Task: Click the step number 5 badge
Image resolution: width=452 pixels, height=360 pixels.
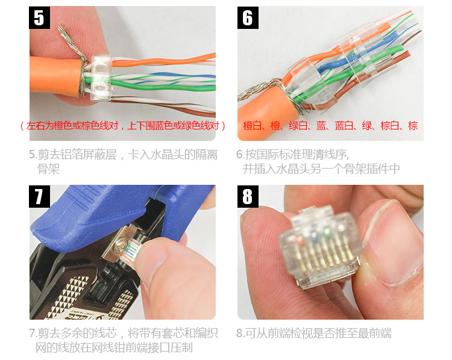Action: pos(40,18)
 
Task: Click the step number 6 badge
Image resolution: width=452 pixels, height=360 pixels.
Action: pos(248,18)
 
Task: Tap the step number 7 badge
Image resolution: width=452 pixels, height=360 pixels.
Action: pos(40,197)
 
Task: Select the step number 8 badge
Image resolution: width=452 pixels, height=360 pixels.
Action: pos(248,197)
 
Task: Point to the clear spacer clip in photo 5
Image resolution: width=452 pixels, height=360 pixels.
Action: pos(101,78)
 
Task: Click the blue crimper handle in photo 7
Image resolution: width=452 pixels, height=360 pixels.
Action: pos(115,213)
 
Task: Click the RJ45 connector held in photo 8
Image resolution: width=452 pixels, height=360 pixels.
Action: pos(320,247)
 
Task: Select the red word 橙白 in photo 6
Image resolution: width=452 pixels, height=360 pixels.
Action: pos(253,126)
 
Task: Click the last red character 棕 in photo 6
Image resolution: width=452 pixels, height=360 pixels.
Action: pos(413,126)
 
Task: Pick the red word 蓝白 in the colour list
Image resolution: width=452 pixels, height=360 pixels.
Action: pos(344,126)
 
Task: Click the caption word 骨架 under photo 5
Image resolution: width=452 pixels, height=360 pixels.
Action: pos(48,169)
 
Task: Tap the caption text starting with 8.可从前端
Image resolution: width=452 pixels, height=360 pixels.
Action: pos(314,334)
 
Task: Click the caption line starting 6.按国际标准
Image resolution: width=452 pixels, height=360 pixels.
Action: pos(292,155)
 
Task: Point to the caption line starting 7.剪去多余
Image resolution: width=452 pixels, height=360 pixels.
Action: pos(124,334)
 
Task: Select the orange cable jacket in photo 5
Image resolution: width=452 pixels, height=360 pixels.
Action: pos(55,75)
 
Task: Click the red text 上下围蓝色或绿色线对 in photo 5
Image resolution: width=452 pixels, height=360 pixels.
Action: pos(173,126)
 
